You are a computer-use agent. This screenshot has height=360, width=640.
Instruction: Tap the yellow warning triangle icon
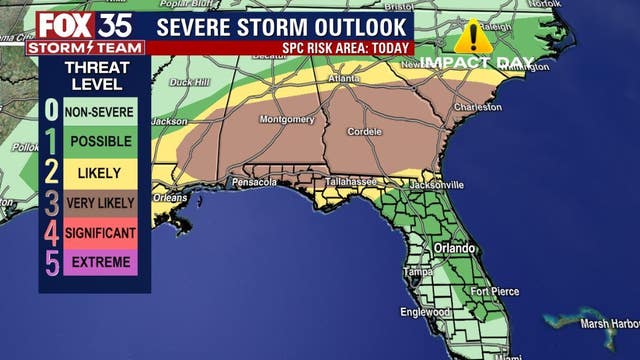(472, 37)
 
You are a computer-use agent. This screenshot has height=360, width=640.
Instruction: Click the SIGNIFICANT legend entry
(99, 233)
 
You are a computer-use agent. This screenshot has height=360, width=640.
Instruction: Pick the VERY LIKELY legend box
(99, 203)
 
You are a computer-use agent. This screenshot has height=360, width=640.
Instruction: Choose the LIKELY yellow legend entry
(99, 173)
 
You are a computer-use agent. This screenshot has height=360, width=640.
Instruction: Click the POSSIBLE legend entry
(99, 143)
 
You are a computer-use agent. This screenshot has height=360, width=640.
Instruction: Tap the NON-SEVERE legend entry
(99, 113)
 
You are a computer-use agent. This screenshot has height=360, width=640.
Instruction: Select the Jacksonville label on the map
(436, 185)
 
